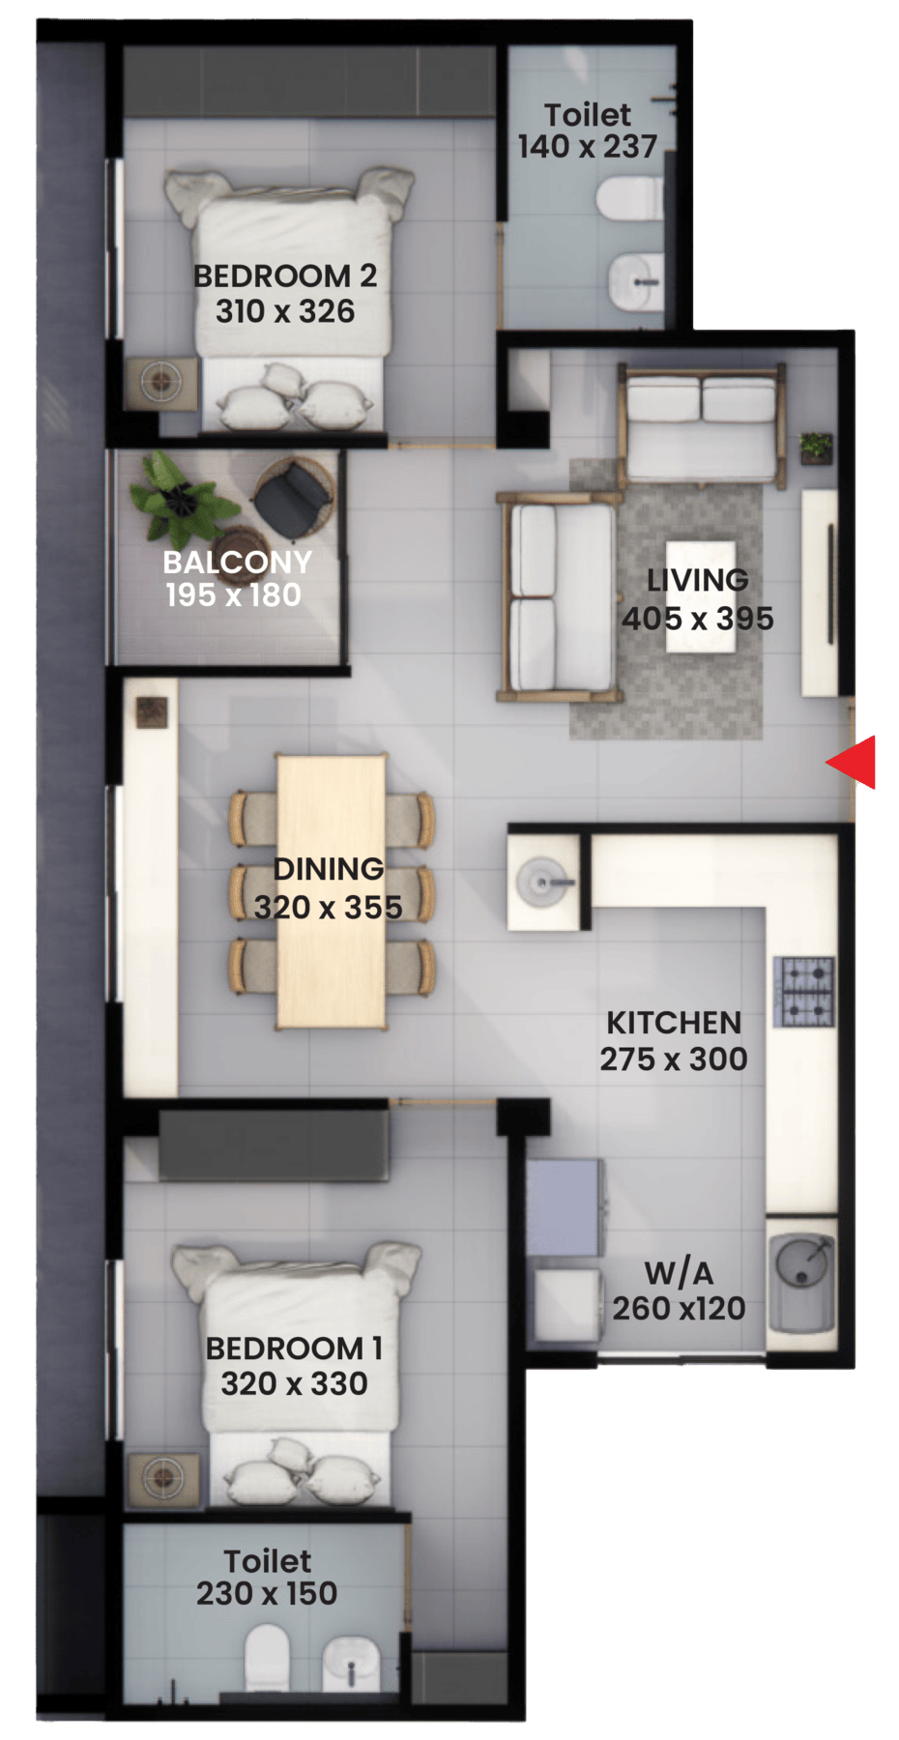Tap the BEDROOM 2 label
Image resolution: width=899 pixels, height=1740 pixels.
(285, 275)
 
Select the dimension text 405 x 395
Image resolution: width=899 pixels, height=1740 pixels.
(698, 619)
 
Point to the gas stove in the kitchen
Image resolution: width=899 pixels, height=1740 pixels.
(803, 991)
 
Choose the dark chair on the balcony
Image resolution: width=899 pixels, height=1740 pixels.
(293, 498)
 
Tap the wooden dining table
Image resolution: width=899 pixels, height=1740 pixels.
(332, 890)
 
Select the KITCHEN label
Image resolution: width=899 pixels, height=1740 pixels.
(674, 1023)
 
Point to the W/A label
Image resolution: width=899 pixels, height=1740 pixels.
(679, 1272)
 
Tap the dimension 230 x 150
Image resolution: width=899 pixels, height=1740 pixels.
(267, 1593)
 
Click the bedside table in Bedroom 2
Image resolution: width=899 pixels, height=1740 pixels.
(161, 383)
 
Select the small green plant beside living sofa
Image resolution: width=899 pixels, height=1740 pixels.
(816, 448)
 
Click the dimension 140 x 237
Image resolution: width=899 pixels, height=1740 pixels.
(588, 147)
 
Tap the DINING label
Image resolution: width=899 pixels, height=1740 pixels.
(329, 869)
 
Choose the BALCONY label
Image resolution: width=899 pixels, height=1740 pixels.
(237, 562)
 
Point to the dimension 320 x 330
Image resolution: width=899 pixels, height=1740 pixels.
(294, 1383)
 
